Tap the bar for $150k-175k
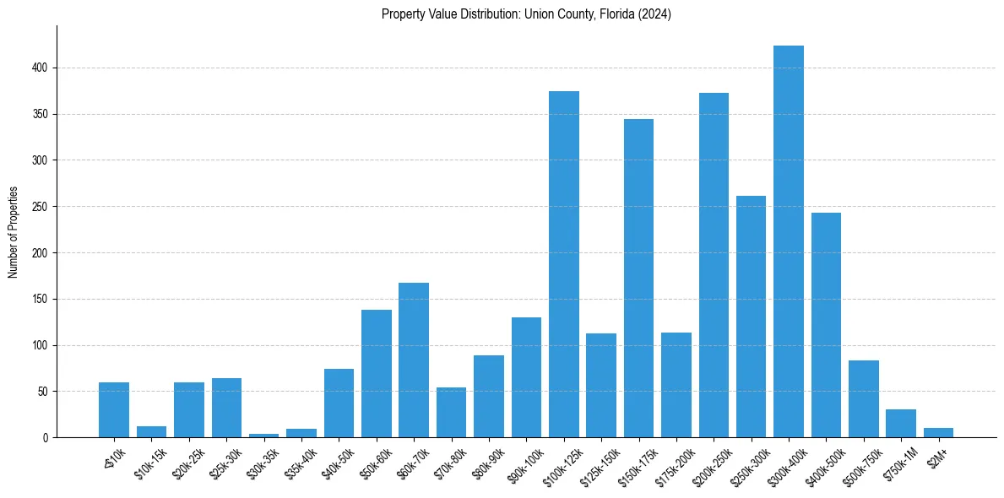[x=638, y=279]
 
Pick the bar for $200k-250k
[x=714, y=265]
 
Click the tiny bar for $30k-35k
[x=264, y=436]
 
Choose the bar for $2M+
[x=938, y=433]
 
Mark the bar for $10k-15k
[x=152, y=432]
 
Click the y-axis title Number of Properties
[x=14, y=232]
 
